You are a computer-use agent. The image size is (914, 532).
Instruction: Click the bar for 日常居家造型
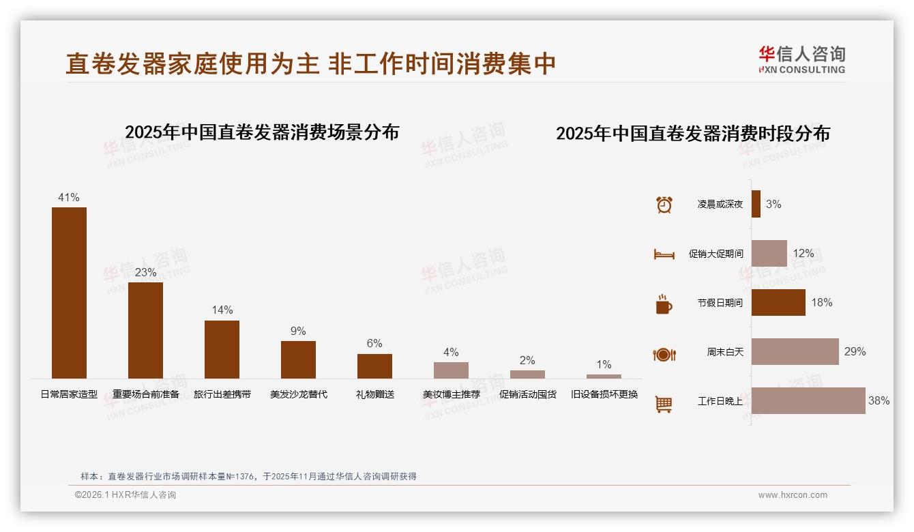click(69, 293)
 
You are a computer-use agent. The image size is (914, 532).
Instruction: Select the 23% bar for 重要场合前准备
click(145, 330)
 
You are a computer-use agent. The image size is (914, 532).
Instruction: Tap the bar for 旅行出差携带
click(222, 349)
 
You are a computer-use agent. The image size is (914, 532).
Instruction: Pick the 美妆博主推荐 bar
click(451, 370)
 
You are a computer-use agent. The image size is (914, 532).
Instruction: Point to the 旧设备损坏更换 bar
click(604, 376)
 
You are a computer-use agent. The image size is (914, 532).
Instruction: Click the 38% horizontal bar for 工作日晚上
click(808, 401)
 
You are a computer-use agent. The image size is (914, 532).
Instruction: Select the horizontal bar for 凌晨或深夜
click(756, 204)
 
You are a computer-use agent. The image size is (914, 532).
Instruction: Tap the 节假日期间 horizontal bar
click(778, 302)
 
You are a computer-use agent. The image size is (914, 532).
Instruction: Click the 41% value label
click(69, 198)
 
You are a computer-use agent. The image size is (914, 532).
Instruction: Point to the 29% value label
click(855, 352)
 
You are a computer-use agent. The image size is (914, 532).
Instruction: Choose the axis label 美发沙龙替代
click(298, 394)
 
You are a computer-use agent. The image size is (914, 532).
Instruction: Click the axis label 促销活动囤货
click(527, 394)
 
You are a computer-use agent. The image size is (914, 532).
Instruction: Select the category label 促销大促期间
click(716, 254)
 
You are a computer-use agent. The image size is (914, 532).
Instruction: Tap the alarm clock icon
click(664, 205)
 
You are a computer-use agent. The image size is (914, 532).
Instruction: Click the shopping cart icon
click(664, 404)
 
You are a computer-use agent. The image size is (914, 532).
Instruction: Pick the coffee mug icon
click(664, 304)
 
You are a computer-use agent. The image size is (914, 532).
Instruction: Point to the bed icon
click(664, 254)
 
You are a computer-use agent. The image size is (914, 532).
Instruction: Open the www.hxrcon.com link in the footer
click(793, 495)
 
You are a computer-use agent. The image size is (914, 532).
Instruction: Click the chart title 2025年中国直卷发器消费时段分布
click(693, 134)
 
